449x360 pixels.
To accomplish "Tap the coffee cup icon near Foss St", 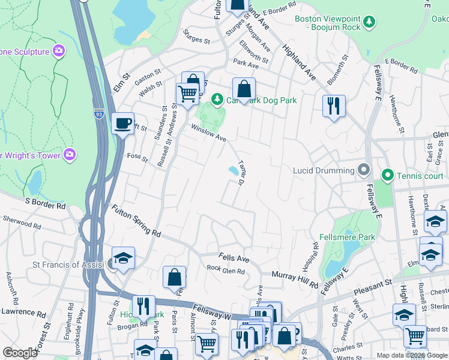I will pyautogui.click(x=123, y=124).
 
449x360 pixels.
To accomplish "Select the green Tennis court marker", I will pyautogui.click(x=387, y=176).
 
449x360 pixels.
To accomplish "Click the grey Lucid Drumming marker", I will pyautogui.click(x=363, y=170).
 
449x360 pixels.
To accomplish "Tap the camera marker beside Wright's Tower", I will pyautogui.click(x=70, y=155).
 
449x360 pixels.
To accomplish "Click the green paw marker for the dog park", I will pyautogui.click(x=217, y=98).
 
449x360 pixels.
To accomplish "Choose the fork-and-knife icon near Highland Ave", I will pyautogui.click(x=332, y=106).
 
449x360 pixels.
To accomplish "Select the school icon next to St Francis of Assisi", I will pyautogui.click(x=123, y=258).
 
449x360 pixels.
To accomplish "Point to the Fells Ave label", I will pyautogui.click(x=234, y=258).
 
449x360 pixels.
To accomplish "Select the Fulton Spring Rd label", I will pyautogui.click(x=136, y=220).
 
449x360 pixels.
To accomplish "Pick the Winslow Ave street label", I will pyautogui.click(x=208, y=133).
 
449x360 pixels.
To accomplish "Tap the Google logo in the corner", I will pyautogui.click(x=20, y=353).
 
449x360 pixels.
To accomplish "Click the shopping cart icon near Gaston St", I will pyautogui.click(x=187, y=93).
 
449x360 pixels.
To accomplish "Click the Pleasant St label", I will pyautogui.click(x=372, y=286).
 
